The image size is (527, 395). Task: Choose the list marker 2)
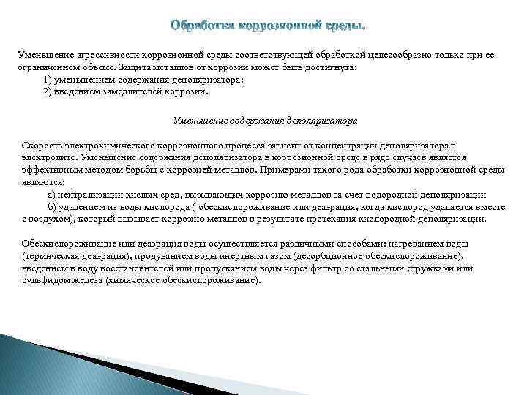point(48,92)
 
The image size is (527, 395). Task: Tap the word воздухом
point(52,217)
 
